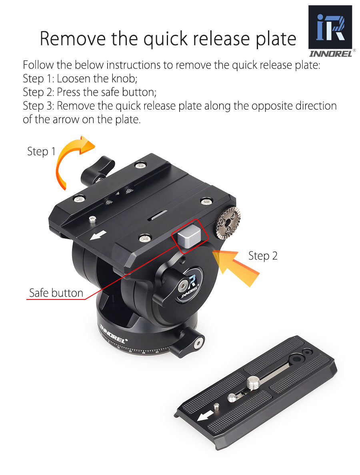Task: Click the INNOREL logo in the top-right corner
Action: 330,30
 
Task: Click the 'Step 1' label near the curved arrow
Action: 41,152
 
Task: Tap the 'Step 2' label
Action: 262,256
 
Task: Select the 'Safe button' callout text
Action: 56,293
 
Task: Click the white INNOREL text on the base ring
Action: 113,334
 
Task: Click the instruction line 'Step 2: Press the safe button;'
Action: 89,92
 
